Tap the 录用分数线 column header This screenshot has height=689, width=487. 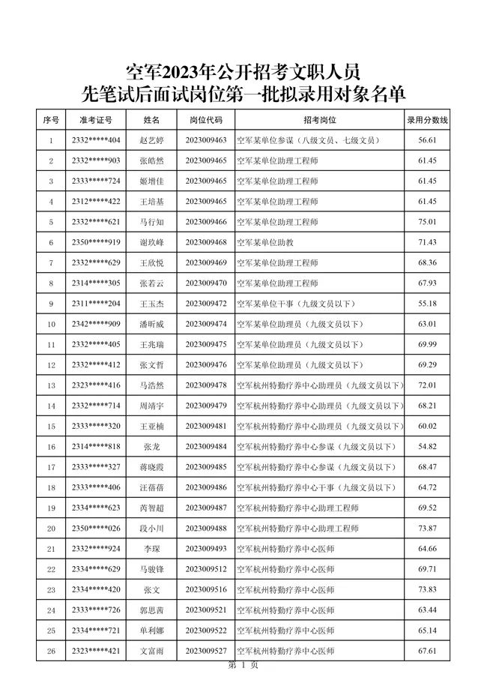(427, 119)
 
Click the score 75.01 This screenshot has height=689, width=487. (427, 222)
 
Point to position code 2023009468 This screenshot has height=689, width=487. (206, 242)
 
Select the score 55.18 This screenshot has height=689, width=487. (427, 304)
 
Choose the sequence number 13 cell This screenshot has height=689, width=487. (51, 385)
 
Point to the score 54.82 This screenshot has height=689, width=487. (427, 447)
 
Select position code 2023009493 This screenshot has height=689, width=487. (206, 549)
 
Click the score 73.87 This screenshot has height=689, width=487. (427, 529)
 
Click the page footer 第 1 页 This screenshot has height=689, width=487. (243, 666)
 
